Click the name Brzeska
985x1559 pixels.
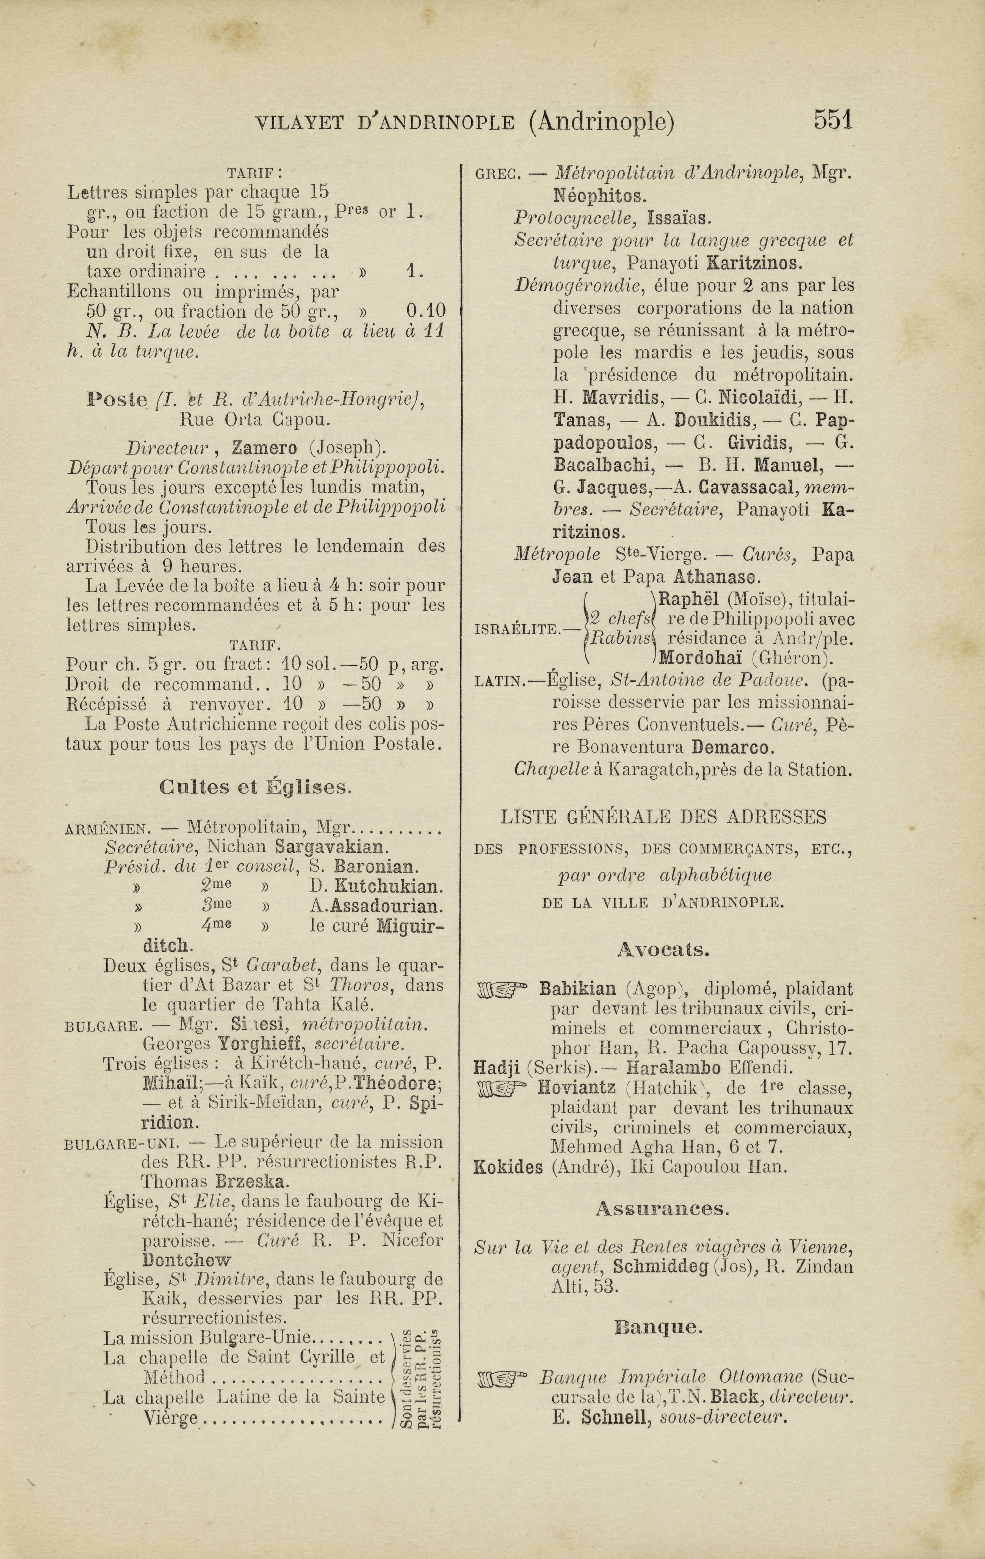tap(250, 1181)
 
